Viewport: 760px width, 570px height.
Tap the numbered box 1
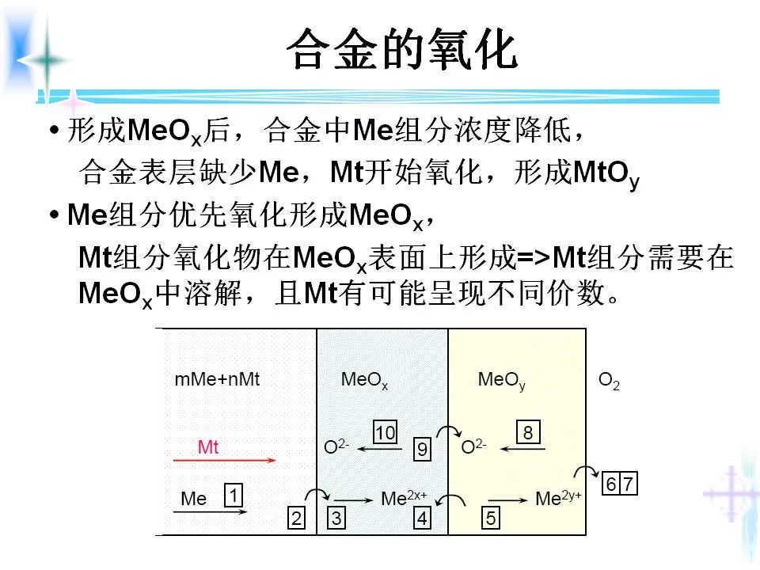pos(234,496)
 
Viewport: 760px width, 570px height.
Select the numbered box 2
pos(296,519)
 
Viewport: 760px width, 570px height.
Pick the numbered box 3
pos(336,519)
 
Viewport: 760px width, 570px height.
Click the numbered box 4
pos(423,519)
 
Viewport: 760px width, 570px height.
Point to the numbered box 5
pos(490,519)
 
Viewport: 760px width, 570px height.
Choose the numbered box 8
pos(528,432)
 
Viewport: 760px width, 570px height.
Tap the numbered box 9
pos(423,450)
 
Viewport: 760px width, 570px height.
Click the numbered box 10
pos(385,432)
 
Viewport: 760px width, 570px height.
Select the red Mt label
pos(208,447)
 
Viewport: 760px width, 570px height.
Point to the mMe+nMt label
pos(217,379)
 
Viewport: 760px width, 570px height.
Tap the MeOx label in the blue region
pos(364,380)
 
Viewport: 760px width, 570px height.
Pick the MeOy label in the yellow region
pos(501,380)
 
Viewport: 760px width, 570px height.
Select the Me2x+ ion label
pos(404,499)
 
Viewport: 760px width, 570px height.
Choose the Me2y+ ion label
pos(558,499)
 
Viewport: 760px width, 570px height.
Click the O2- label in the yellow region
pos(473,447)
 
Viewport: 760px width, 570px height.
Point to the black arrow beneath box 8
pos(522,450)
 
